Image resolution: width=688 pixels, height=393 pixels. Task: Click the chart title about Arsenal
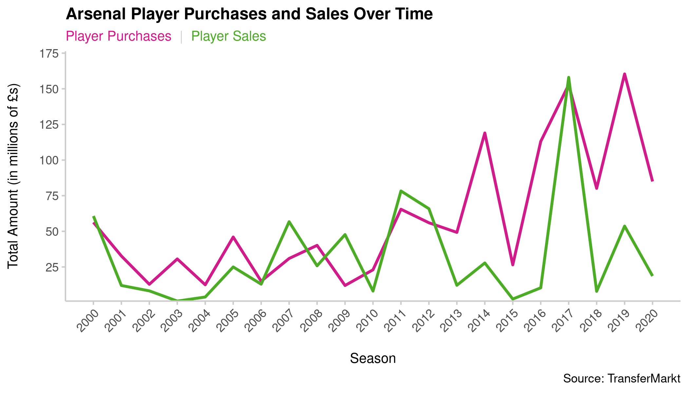tap(249, 14)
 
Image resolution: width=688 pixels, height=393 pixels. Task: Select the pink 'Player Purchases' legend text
tap(118, 36)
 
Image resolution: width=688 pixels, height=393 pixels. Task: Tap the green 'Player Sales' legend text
tap(228, 36)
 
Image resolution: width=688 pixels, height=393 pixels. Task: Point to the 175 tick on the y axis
tap(49, 54)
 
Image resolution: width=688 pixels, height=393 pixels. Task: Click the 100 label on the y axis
tap(49, 160)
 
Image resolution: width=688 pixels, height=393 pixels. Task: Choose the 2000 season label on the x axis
tap(88, 321)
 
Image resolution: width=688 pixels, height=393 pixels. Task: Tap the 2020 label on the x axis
tap(647, 321)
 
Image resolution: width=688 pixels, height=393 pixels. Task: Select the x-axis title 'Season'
tap(373, 359)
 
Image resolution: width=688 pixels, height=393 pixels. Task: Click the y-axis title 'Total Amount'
tap(13, 176)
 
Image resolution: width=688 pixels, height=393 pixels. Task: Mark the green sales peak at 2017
tap(568, 78)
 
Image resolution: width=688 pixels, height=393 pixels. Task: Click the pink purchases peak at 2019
tap(624, 74)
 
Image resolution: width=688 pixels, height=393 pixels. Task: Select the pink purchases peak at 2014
tap(485, 133)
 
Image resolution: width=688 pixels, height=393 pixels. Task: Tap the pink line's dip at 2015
tap(513, 265)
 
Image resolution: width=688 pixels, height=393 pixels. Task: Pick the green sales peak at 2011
tap(401, 191)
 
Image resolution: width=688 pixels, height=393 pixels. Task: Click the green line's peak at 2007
tap(289, 222)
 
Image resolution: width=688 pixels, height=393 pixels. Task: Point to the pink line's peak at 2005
tap(233, 237)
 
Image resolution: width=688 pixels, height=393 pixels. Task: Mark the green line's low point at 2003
tap(177, 300)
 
